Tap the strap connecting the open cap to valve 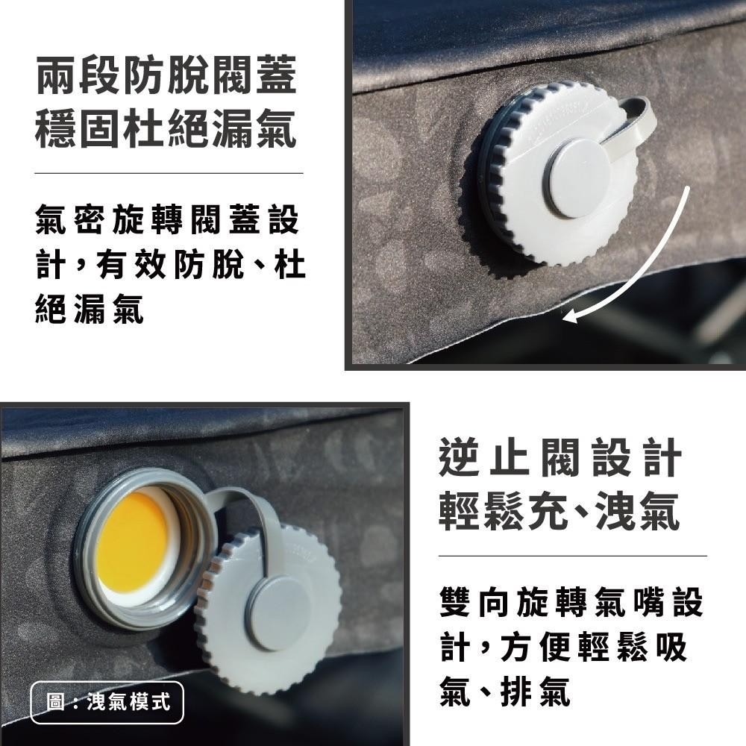click(254, 515)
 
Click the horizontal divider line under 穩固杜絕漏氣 click(169, 173)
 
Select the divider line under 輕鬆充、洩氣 click(572, 556)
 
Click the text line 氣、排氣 click(505, 694)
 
